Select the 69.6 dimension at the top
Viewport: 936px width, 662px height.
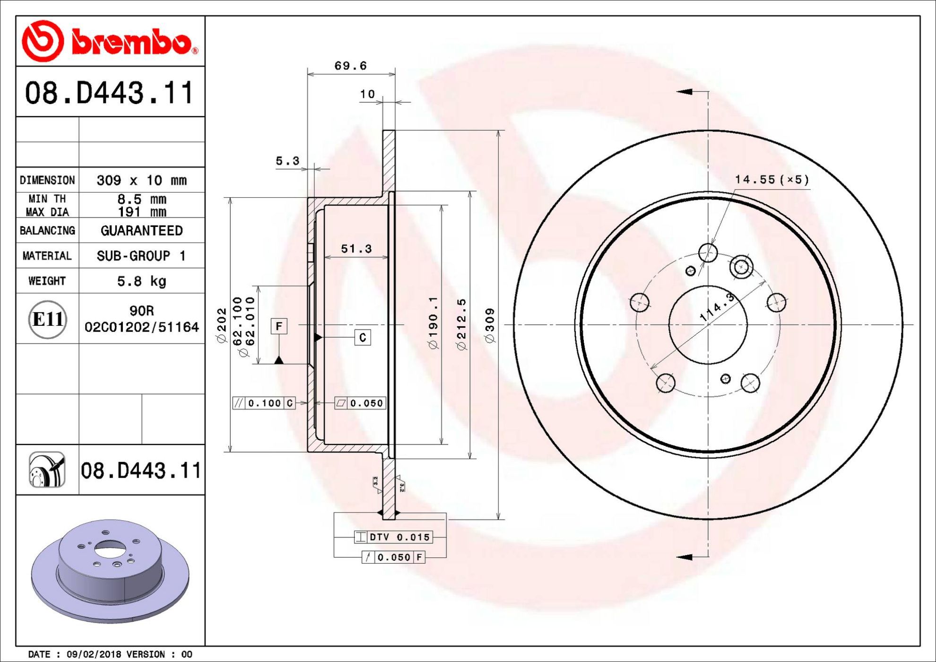coord(351,66)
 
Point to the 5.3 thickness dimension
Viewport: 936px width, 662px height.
coord(287,161)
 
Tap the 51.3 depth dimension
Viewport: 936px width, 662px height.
coord(356,249)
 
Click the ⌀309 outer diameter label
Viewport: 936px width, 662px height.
coord(490,325)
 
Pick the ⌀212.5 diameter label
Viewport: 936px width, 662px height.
coord(461,324)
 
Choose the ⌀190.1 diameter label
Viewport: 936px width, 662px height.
coord(433,323)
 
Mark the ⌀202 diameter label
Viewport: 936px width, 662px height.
coord(222,325)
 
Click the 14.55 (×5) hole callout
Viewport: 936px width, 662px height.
coord(771,180)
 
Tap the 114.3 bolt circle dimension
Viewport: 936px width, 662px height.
coord(717,307)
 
